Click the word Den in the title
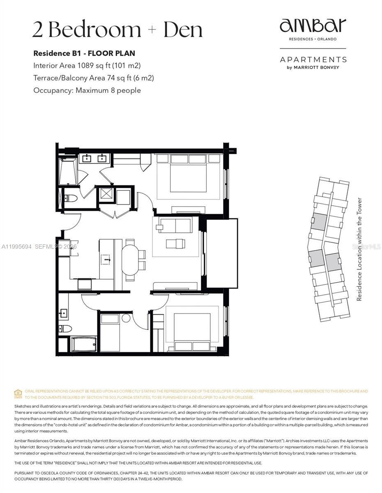pos(183,30)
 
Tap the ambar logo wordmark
pos(313,26)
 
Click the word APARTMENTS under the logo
pos(313,60)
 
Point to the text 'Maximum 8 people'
pos(108,90)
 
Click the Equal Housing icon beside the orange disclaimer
pos(18,394)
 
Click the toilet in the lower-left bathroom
pos(65,328)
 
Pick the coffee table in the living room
pos(175,244)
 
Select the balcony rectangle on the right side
pos(221,253)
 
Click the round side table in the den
pos(126,318)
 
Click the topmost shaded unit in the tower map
pos(319,221)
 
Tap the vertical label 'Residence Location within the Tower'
pos(359,249)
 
